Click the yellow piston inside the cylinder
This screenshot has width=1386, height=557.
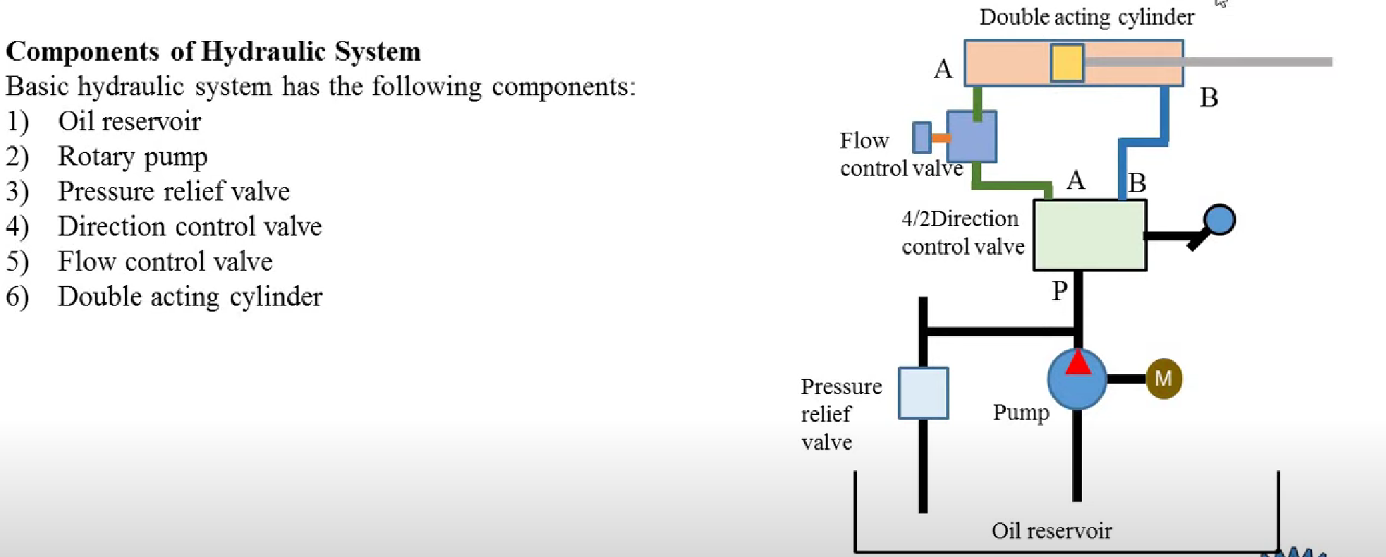pyautogui.click(x=1066, y=63)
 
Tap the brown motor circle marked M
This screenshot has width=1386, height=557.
pyautogui.click(x=1163, y=379)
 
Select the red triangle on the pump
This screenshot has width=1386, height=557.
pyautogui.click(x=1077, y=363)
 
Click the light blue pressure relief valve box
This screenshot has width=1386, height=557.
pyautogui.click(x=923, y=393)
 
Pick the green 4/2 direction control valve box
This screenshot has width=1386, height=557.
pyautogui.click(x=1089, y=235)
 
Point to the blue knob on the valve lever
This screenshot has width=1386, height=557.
pyautogui.click(x=1219, y=220)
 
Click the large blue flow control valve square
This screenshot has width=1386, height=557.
pyautogui.click(x=971, y=137)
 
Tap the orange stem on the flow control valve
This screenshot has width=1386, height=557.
pyautogui.click(x=940, y=138)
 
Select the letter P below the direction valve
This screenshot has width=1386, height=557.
pyautogui.click(x=1059, y=290)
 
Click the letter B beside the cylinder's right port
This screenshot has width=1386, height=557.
pyautogui.click(x=1208, y=97)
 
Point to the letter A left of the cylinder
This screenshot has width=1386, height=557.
pyautogui.click(x=943, y=69)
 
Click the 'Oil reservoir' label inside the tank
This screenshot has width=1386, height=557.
pyautogui.click(x=1051, y=531)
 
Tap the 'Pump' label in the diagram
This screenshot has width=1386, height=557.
pyautogui.click(x=1021, y=412)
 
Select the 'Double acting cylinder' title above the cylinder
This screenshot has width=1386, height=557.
pyautogui.click(x=1086, y=17)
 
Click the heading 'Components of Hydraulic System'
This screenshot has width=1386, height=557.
pyautogui.click(x=213, y=52)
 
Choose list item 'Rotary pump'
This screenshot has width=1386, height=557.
pyautogui.click(x=133, y=157)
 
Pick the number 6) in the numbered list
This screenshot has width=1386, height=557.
pyautogui.click(x=18, y=297)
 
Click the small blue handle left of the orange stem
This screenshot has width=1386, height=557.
pyautogui.click(x=921, y=138)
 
